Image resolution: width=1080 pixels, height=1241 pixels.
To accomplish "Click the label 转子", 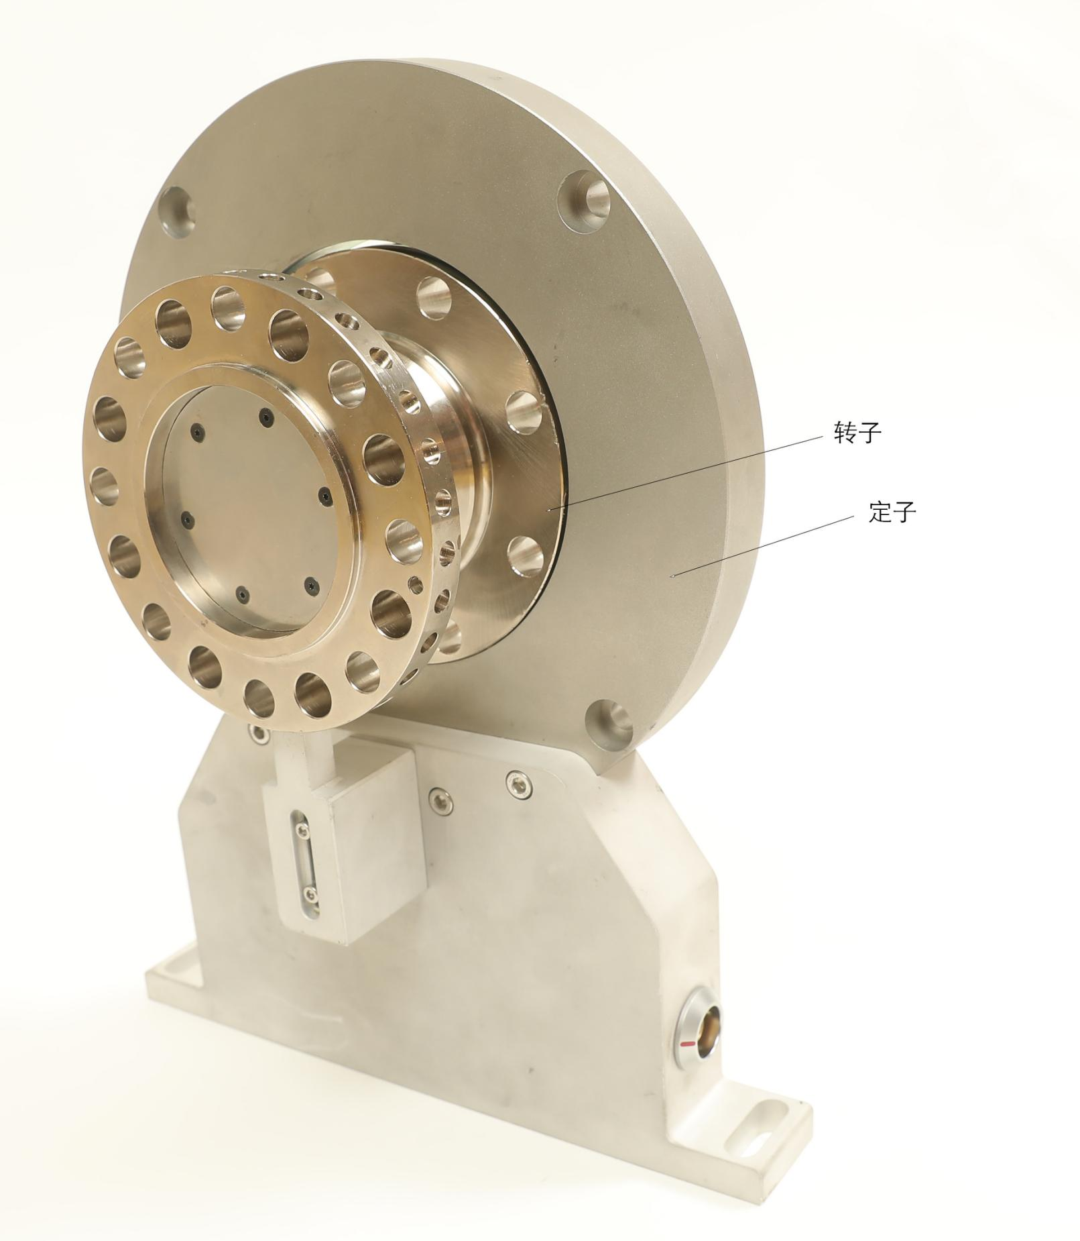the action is point(857,433).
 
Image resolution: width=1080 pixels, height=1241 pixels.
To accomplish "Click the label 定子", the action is point(892,512).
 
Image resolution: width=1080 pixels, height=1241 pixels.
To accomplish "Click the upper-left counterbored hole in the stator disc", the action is point(176,213).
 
